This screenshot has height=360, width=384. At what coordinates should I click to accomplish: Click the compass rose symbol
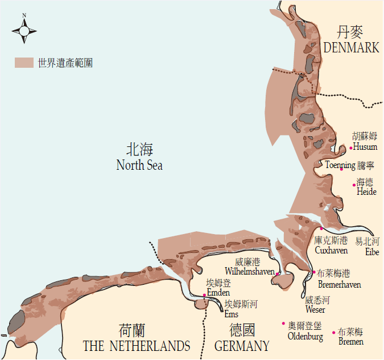click(x=24, y=29)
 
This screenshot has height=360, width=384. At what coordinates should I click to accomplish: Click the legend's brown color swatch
click(x=24, y=63)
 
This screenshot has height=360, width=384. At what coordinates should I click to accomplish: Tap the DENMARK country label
click(x=351, y=48)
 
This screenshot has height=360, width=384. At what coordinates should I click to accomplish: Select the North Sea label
click(x=139, y=165)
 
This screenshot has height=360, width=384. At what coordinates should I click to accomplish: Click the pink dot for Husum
click(x=351, y=148)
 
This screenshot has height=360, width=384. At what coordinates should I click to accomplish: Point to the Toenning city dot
click(x=341, y=169)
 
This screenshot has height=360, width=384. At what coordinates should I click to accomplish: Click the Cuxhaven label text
click(x=331, y=251)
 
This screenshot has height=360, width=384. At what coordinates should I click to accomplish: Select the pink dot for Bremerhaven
click(x=314, y=272)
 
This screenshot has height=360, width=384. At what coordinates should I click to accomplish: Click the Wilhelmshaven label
click(x=250, y=271)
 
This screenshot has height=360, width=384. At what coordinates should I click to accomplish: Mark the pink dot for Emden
click(x=205, y=294)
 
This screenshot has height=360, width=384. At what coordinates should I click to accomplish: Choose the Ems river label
click(x=232, y=314)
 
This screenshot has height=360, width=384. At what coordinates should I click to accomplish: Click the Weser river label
click(x=315, y=310)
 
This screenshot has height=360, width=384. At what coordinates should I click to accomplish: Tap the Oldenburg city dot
click(x=283, y=324)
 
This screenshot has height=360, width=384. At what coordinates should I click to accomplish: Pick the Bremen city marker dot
click(x=333, y=333)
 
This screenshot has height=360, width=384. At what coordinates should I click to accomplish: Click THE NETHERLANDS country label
click(x=137, y=346)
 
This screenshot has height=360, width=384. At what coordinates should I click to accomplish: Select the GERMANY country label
click(x=242, y=346)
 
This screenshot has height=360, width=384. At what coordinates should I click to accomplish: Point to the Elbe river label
click(x=372, y=251)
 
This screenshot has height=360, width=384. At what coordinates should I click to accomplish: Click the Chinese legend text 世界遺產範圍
click(x=65, y=63)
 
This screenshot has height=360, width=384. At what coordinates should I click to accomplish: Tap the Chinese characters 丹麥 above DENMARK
click(x=350, y=32)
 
